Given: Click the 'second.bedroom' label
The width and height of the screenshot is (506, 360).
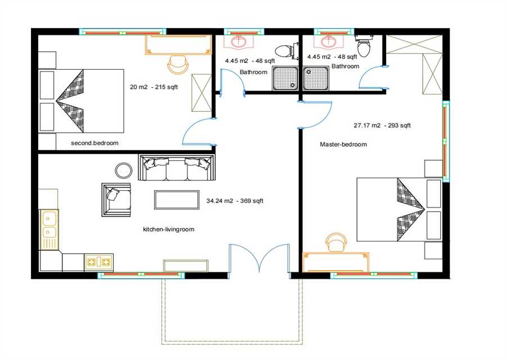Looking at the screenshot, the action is [94, 143].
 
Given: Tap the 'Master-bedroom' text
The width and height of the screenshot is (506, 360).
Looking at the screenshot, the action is [344, 145].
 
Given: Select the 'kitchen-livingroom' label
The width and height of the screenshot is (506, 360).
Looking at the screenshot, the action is [169, 229].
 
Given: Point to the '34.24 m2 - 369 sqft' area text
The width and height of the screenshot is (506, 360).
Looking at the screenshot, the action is [235, 201].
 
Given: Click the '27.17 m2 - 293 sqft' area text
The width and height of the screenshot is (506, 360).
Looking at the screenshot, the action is [382, 125].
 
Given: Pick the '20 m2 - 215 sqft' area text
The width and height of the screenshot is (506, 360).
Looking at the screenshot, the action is [153, 87].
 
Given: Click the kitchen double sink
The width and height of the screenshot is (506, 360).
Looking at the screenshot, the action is [49, 229].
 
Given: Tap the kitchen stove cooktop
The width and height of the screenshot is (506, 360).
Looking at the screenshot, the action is [98, 262].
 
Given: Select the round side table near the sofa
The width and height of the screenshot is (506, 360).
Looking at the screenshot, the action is [124, 170].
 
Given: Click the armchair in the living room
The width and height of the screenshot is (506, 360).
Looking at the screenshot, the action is [116, 200].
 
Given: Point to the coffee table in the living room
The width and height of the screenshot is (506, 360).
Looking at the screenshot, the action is [177, 200].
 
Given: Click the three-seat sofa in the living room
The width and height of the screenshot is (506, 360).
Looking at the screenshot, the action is [177, 168].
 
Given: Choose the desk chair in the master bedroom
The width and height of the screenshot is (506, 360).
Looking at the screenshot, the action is [336, 242].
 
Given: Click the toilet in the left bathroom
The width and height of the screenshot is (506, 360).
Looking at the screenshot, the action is [284, 51].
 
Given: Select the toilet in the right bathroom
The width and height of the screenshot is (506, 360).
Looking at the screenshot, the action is [364, 46].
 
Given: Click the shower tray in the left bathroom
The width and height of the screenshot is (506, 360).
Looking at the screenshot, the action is [284, 78].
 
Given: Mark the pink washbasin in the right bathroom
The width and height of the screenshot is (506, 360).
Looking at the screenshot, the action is [328, 40].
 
